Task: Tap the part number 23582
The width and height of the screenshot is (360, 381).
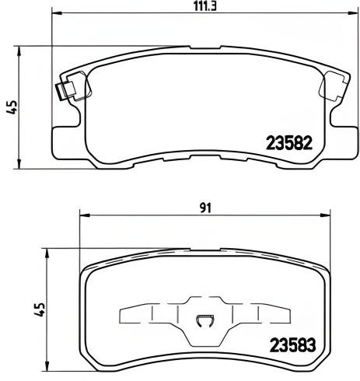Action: click(290, 143)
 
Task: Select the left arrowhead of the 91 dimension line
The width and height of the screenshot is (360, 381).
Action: click(84, 217)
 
